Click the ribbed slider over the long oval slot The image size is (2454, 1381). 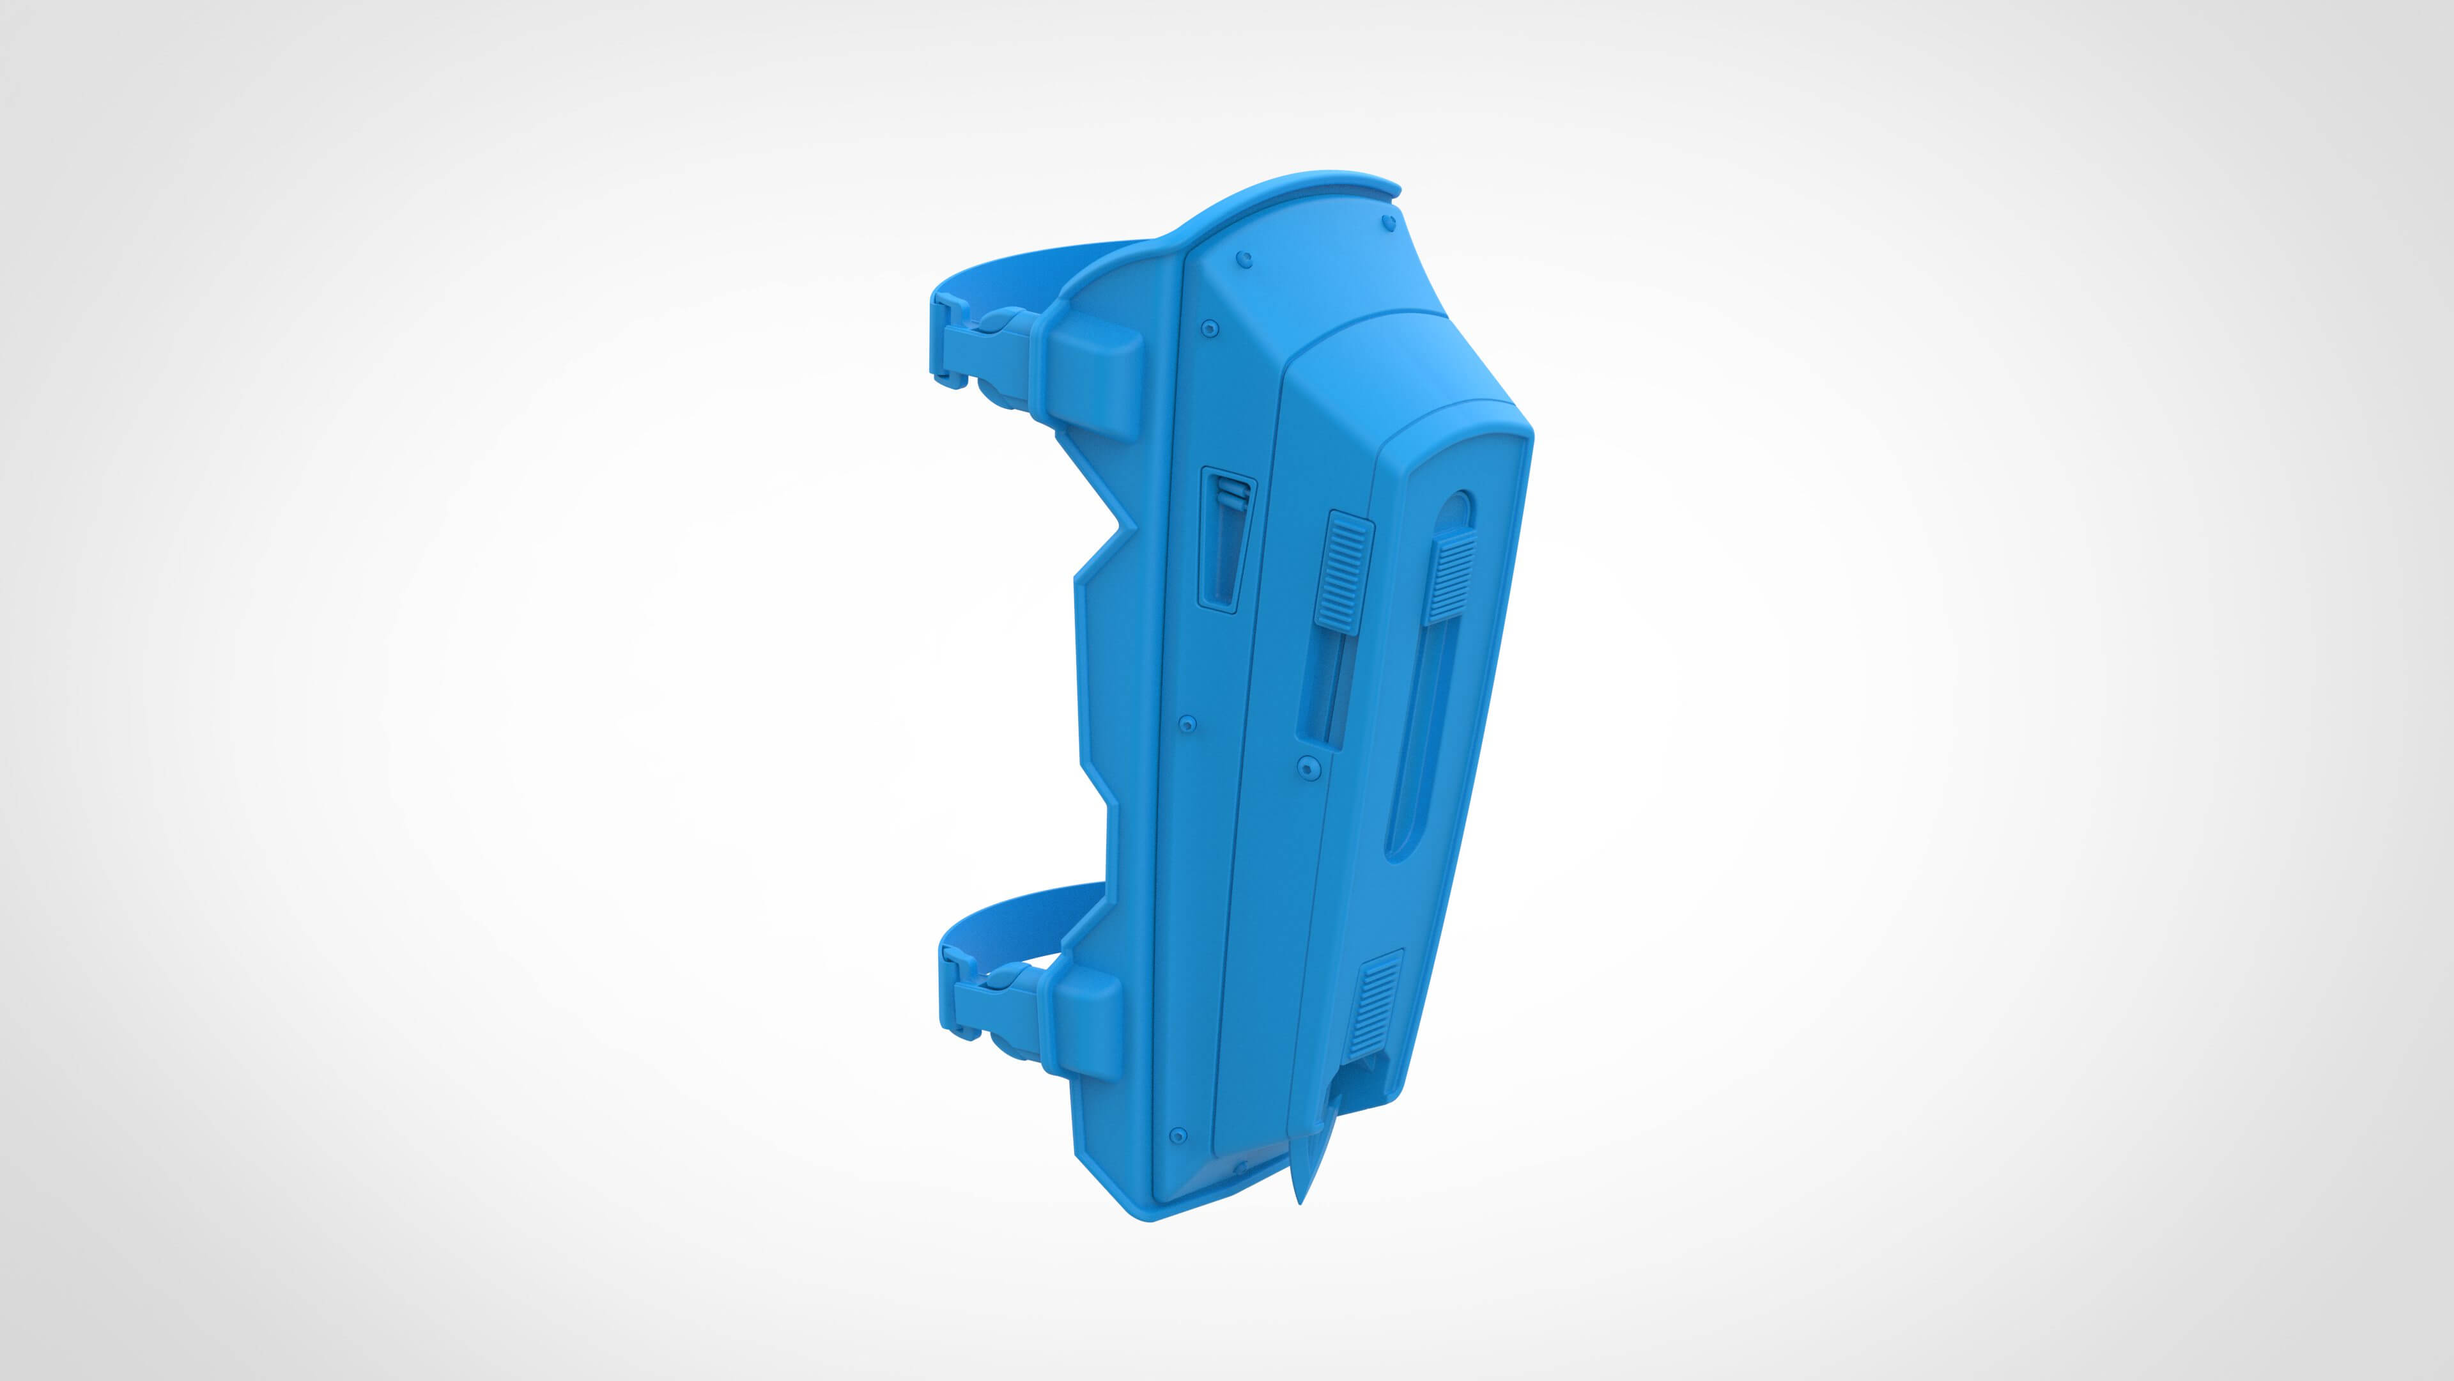point(1450,579)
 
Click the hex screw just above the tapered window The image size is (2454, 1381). point(1210,328)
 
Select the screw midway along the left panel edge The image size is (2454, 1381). point(1187,724)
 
